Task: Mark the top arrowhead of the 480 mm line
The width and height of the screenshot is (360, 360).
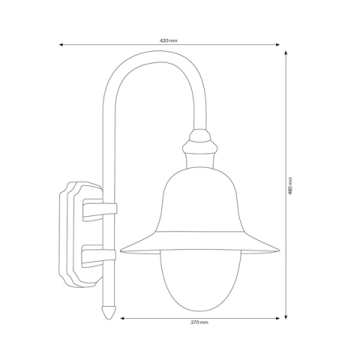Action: click(286, 52)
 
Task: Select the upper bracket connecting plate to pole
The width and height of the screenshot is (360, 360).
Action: click(95, 210)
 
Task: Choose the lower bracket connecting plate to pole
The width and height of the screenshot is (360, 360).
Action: click(95, 257)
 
